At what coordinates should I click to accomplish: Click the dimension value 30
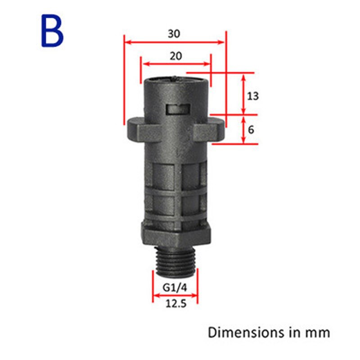[175, 33]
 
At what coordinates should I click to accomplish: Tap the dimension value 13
[253, 96]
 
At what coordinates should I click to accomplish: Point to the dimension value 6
[251, 130]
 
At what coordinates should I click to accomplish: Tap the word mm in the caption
[318, 333]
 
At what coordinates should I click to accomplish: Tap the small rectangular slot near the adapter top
[176, 109]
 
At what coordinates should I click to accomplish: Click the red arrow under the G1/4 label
[175, 296]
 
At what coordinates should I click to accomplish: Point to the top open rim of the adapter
[175, 80]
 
